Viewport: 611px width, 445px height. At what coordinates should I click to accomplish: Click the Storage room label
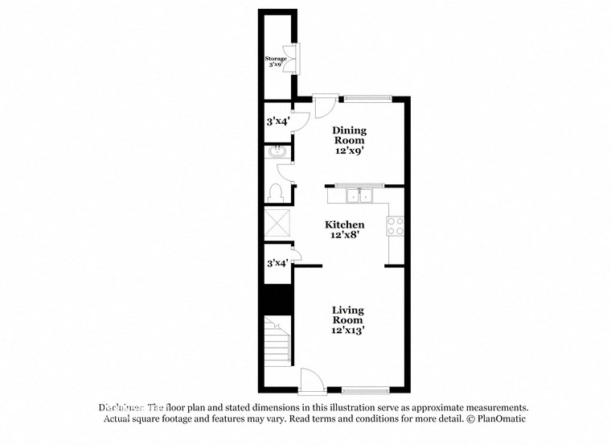pos(277,59)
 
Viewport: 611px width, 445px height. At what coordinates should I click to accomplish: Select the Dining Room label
pos(350,134)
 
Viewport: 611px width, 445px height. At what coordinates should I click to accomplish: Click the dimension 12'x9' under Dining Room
pos(350,150)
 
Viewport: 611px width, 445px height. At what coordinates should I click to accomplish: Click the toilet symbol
pos(276,192)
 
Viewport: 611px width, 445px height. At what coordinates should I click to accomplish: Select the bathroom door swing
pos(285,171)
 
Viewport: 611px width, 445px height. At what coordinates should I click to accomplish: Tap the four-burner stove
pos(396,226)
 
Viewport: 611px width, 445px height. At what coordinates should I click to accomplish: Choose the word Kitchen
pos(345,225)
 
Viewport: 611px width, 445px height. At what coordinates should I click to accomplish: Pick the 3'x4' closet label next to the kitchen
pos(277,262)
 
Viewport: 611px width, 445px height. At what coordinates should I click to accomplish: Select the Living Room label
pos(347,315)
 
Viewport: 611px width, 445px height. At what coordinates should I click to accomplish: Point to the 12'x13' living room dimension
pos(347,331)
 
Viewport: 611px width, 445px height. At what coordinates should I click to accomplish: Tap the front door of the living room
pos(312,382)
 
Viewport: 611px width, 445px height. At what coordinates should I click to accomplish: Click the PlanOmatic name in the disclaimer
pos(500,419)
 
